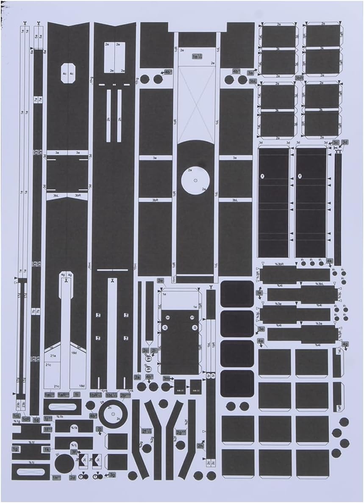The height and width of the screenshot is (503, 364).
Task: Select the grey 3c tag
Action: (336, 143)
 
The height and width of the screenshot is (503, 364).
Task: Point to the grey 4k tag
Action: (330, 261)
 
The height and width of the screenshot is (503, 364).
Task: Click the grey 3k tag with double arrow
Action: (259, 292)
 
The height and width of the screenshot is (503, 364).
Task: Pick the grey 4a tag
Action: (261, 341)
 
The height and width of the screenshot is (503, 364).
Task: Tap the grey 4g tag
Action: (345, 344)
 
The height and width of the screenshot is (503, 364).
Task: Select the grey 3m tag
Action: (167, 378)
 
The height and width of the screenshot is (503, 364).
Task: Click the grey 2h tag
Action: (200, 445)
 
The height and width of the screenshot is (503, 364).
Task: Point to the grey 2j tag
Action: (100, 429)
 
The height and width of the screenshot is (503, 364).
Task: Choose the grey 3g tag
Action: (112, 475)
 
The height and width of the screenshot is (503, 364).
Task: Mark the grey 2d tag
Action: (72, 478)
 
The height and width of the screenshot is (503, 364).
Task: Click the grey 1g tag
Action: (16, 449)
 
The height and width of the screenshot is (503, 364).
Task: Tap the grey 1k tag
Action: (47, 449)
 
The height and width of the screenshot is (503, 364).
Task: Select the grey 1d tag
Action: (36, 420)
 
